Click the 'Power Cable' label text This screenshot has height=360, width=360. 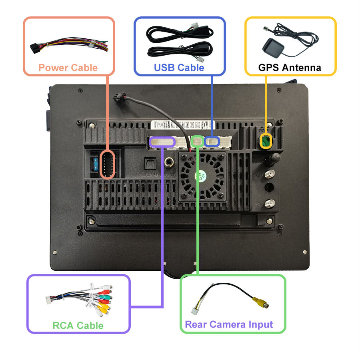(x=68, y=67)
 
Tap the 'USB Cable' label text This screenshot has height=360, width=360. (x=179, y=67)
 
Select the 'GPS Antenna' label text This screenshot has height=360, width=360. (x=290, y=67)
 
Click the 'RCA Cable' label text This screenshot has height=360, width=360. (x=78, y=325)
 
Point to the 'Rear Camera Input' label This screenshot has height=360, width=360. (x=229, y=324)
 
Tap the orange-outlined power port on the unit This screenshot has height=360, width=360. (x=107, y=164)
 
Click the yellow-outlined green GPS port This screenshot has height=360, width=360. (x=266, y=141)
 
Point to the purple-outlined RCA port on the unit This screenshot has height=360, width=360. (x=162, y=141)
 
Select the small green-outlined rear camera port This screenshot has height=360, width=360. (x=197, y=140)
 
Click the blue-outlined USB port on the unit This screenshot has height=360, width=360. (x=212, y=141)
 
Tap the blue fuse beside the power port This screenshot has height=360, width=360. (x=96, y=164)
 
